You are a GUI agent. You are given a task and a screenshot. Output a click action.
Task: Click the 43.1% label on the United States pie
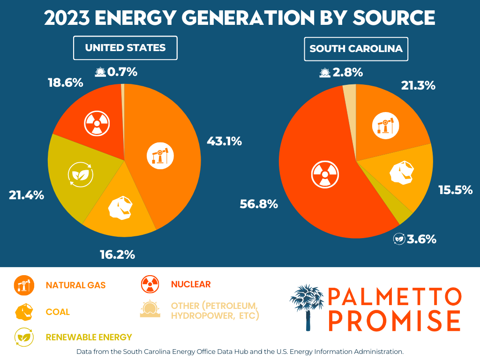pyautogui.click(x=224, y=141)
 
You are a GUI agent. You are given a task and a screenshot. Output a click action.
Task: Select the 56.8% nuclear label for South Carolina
pyautogui.click(x=259, y=204)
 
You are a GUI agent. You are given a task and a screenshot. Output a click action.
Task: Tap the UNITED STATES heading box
pyautogui.click(x=125, y=48)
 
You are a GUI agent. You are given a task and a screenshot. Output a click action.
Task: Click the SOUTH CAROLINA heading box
pyautogui.click(x=356, y=49)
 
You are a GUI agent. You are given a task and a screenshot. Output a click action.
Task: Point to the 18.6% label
pyautogui.click(x=65, y=83)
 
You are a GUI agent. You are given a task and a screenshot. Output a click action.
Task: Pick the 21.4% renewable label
pyautogui.click(x=26, y=195)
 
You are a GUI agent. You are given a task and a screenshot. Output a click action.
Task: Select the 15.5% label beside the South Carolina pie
pyautogui.click(x=455, y=190)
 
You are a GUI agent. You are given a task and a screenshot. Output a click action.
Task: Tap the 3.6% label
pyautogui.click(x=421, y=239)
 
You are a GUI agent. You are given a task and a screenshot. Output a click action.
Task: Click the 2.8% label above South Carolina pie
pyautogui.click(x=347, y=73)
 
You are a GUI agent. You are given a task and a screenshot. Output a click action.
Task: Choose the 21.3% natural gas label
pyautogui.click(x=418, y=86)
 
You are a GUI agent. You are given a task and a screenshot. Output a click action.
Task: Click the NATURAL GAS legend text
pyautogui.click(x=75, y=285)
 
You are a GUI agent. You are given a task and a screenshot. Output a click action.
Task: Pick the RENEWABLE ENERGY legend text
pyautogui.click(x=89, y=337)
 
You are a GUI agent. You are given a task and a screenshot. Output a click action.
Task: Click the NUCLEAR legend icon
pyautogui.click(x=150, y=284)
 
